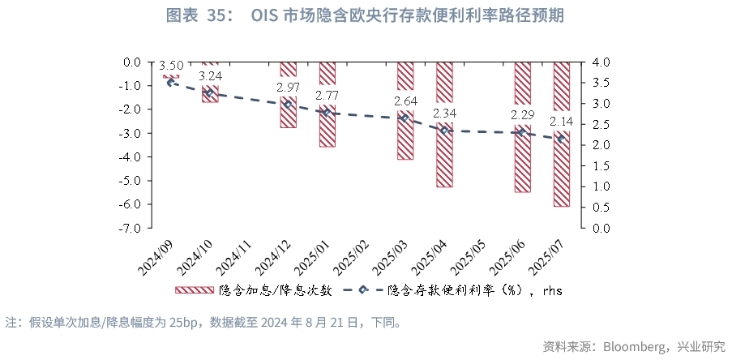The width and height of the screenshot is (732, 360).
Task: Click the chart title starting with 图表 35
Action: (x=365, y=15)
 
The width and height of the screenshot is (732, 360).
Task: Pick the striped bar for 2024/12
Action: (x=288, y=114)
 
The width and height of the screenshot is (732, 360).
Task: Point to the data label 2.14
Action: (x=561, y=122)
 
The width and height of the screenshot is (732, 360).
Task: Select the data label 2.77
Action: (x=327, y=96)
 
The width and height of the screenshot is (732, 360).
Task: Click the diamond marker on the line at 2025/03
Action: (x=405, y=118)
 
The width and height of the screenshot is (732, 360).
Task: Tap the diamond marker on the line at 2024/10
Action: (x=210, y=92)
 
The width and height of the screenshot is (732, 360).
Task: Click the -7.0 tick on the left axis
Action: (x=132, y=228)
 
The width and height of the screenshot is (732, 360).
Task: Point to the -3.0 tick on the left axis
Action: (x=132, y=133)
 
